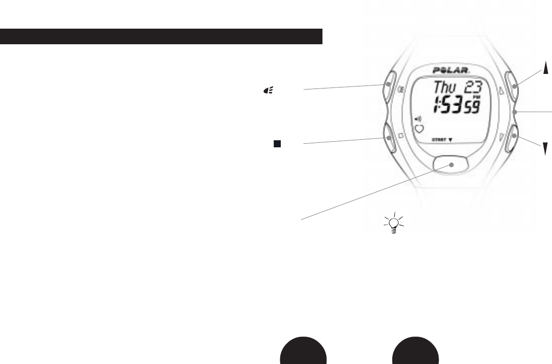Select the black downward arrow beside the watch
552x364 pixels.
(544, 148)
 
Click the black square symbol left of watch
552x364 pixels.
(276, 144)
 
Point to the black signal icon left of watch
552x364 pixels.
(269, 90)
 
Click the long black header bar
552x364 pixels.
(161, 36)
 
